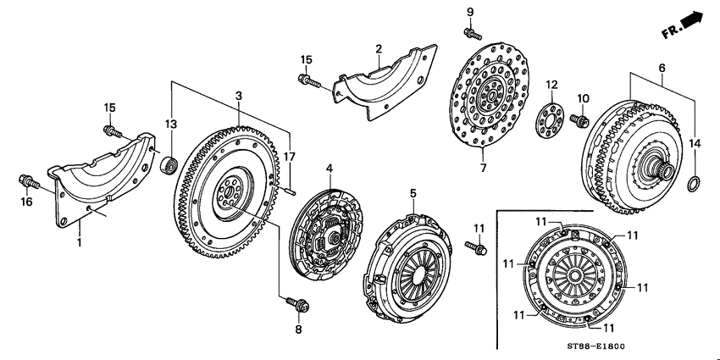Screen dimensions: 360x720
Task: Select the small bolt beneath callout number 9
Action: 468,32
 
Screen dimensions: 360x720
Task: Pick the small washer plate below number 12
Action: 551,116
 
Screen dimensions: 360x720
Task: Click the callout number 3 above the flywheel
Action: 240,95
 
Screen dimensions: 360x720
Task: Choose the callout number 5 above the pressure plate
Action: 414,193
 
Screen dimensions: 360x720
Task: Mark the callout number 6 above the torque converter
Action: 662,67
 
